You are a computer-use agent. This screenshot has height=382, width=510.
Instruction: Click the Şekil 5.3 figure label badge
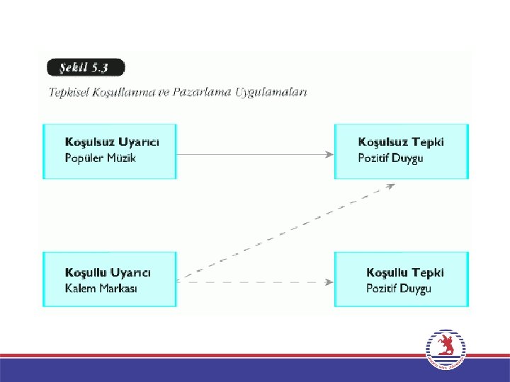(86, 68)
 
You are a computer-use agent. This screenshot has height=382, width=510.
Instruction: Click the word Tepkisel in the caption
(69, 92)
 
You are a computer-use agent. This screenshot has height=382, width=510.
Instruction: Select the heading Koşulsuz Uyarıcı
(112, 141)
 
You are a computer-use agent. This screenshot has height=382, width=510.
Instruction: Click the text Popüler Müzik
(100, 157)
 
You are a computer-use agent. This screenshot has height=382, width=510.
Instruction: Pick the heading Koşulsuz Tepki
(401, 141)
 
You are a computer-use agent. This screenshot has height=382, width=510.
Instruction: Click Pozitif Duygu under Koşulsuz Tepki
(390, 157)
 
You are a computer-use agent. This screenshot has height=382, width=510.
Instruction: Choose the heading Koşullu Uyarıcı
(108, 272)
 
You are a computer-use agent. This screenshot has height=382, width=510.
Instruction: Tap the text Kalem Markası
(101, 288)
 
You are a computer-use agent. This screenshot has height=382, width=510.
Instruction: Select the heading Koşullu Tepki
(405, 272)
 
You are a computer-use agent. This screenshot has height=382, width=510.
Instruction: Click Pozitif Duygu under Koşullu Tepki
(399, 288)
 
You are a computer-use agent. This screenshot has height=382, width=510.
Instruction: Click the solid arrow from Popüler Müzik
(255, 154)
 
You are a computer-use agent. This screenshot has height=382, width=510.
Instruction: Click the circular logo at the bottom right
(446, 349)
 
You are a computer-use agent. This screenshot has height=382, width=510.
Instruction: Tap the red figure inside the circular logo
(446, 346)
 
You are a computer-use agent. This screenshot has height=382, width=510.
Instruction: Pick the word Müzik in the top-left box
(121, 157)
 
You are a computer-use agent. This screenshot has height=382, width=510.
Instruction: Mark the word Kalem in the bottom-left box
(80, 288)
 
